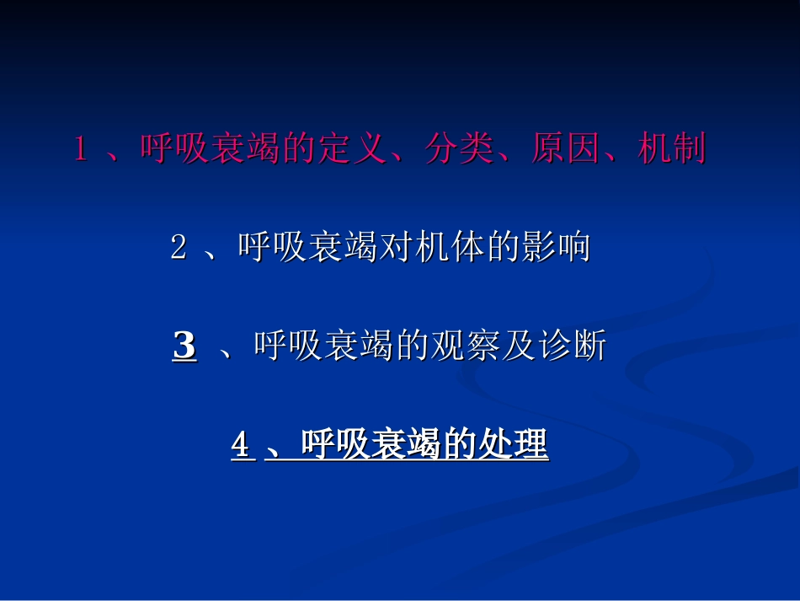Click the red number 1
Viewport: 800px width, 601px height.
point(82,150)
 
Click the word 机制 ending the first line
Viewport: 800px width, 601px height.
point(672,150)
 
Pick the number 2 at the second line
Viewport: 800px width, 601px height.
point(178,249)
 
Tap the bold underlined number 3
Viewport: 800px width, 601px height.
point(184,346)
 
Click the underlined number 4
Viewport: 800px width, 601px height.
point(241,446)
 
